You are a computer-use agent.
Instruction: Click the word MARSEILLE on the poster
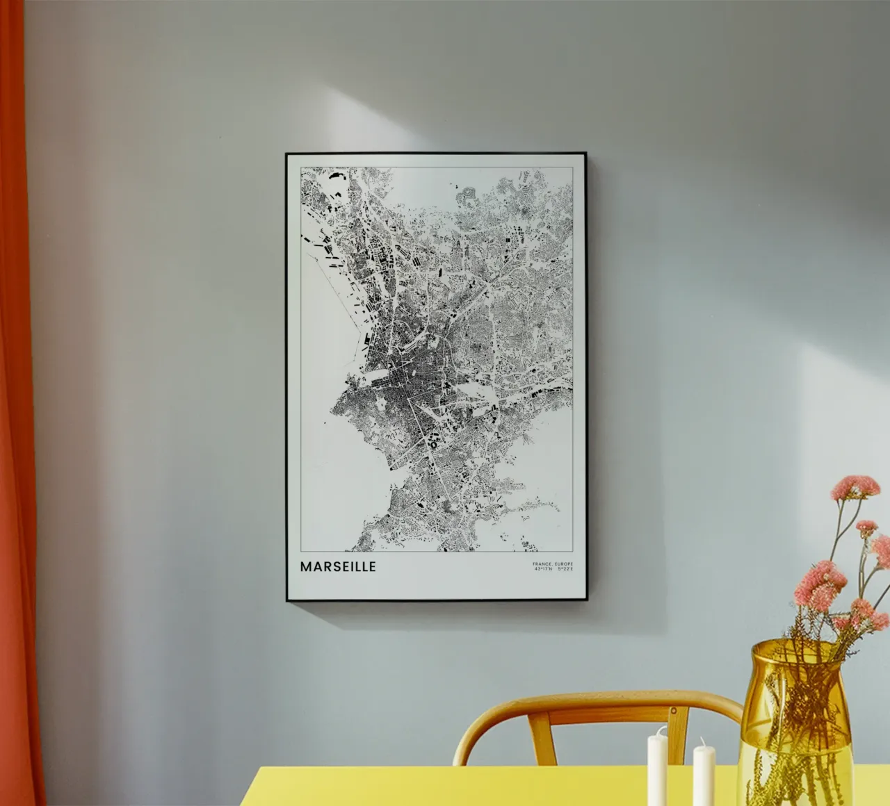(x=338, y=566)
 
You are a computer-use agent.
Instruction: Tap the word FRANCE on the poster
(x=541, y=564)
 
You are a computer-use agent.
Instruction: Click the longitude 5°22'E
(x=565, y=569)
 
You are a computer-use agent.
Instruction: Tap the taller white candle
(x=657, y=768)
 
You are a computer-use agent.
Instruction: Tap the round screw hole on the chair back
(x=674, y=711)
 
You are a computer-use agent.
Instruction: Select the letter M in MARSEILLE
(x=305, y=566)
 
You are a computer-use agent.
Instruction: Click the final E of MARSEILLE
(x=372, y=566)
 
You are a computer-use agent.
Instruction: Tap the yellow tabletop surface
(x=487, y=789)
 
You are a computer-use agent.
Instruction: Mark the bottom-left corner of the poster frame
(x=286, y=600)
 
